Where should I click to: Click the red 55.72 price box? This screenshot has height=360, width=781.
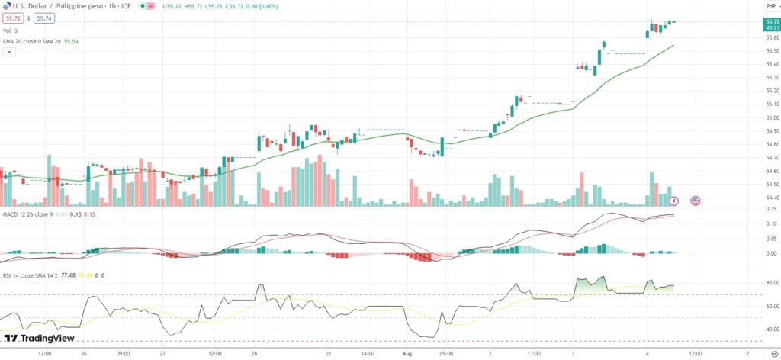(x=13, y=18)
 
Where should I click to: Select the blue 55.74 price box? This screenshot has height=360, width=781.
(x=43, y=18)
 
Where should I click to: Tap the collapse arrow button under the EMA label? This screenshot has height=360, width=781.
(x=10, y=53)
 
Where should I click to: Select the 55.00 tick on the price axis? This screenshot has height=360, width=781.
(x=771, y=117)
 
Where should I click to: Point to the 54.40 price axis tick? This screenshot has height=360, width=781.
(x=771, y=198)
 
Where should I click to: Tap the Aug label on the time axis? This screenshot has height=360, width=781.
(x=407, y=354)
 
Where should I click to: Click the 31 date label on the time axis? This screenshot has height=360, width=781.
(x=329, y=354)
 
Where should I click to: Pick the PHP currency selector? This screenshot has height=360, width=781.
(x=770, y=6)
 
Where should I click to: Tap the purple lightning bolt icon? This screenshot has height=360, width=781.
(x=674, y=201)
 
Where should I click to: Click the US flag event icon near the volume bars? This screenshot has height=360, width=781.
(x=695, y=201)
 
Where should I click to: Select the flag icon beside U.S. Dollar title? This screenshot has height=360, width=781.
(x=6, y=6)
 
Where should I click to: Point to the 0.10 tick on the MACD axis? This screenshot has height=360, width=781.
(x=771, y=223)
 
